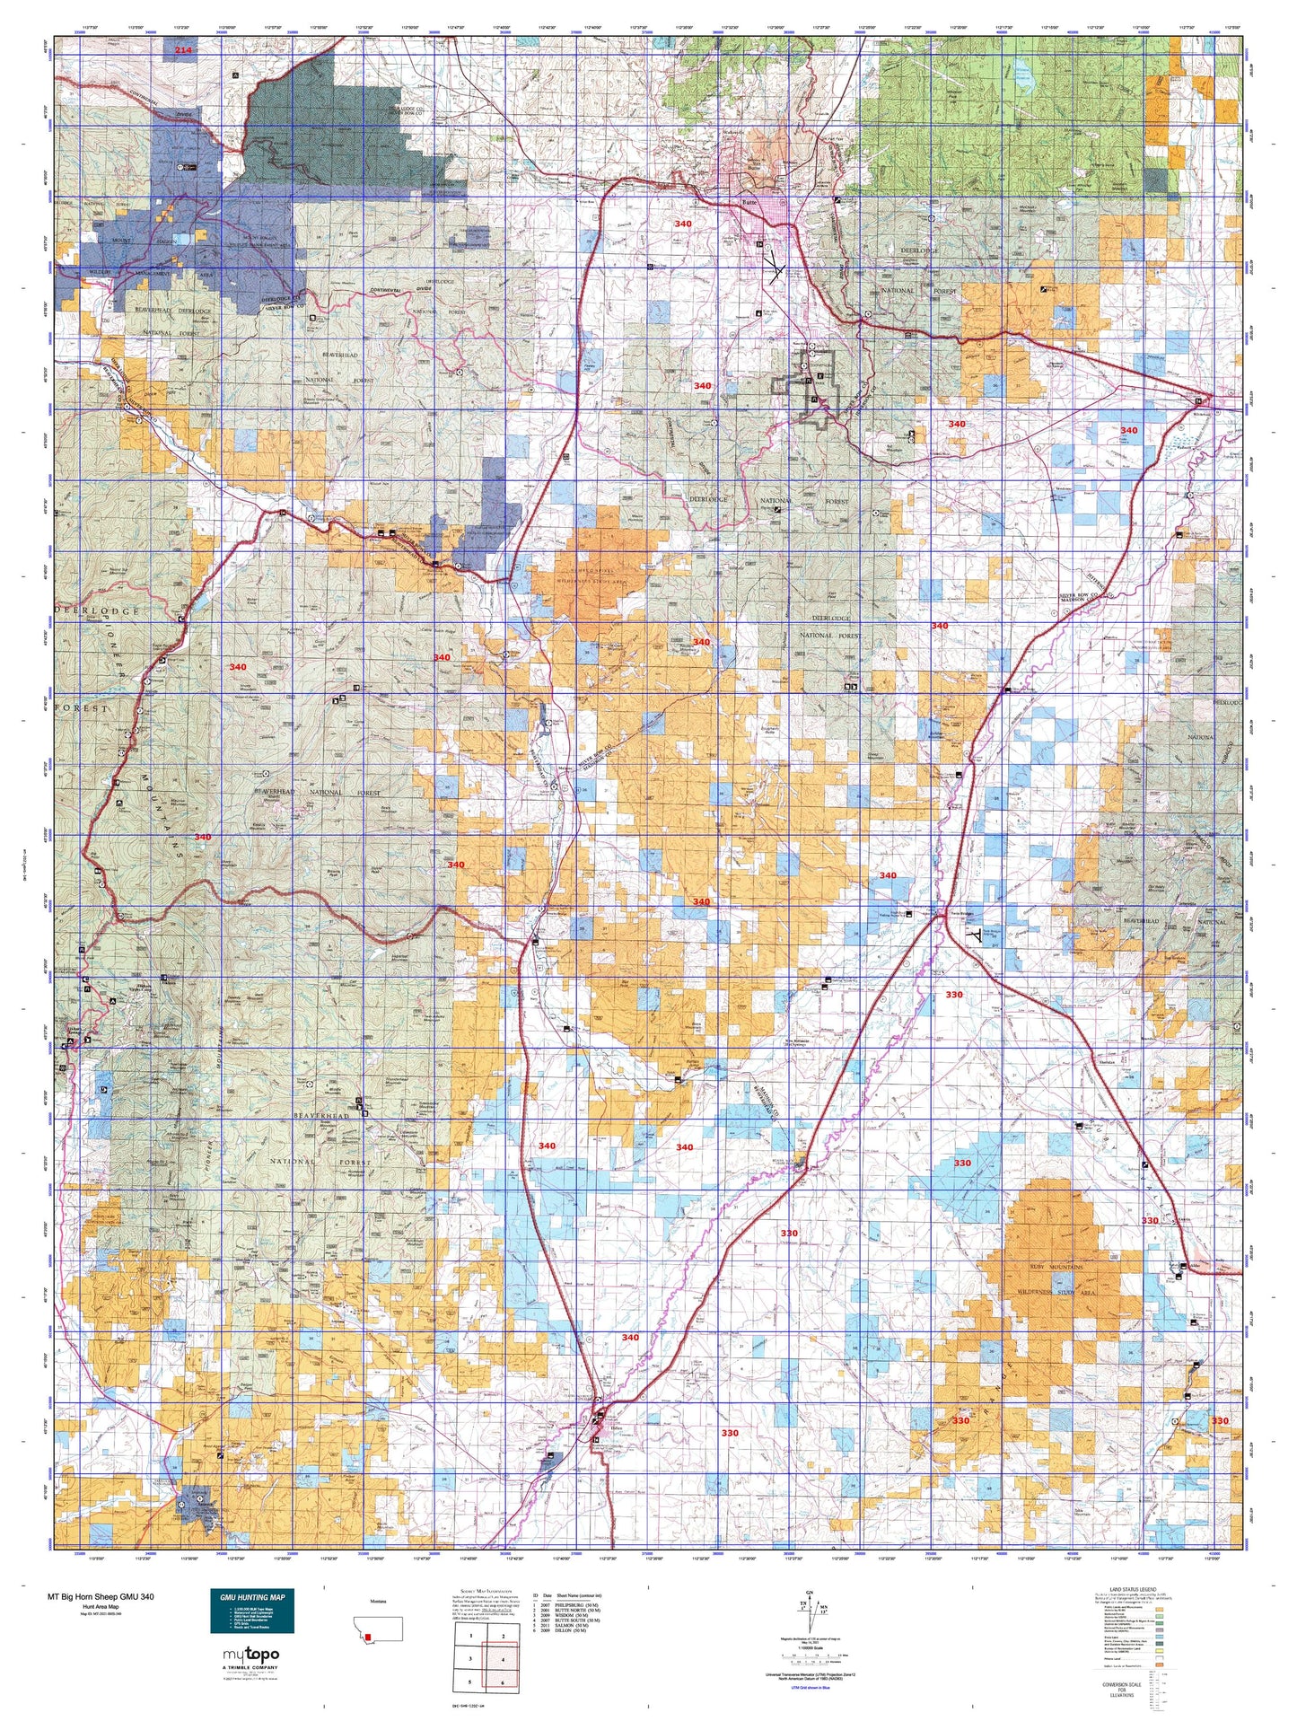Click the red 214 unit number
183,51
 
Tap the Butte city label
749,203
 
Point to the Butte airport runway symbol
774,267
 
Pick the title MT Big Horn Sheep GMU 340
101,1597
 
